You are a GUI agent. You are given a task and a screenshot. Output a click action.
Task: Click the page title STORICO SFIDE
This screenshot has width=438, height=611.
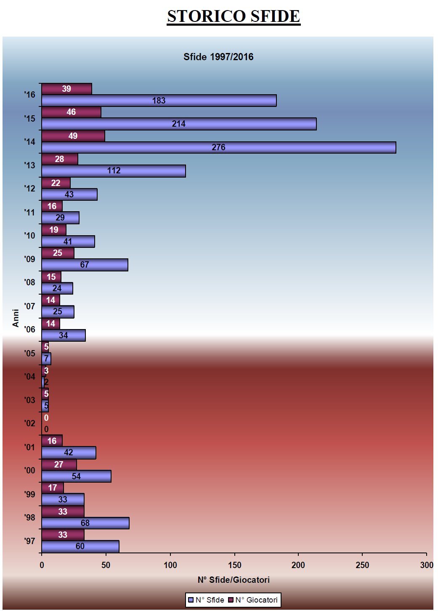pyautogui.click(x=234, y=16)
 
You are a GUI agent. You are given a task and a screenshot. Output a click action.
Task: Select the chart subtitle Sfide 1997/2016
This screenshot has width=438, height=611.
pyautogui.click(x=218, y=57)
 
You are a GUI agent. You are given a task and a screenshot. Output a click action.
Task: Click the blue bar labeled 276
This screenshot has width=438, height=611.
pyautogui.click(x=218, y=147)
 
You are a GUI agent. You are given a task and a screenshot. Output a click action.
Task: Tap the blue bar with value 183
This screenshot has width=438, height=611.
pyautogui.click(x=159, y=101)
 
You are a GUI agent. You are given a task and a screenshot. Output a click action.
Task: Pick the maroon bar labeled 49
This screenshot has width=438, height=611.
pyautogui.click(x=73, y=136)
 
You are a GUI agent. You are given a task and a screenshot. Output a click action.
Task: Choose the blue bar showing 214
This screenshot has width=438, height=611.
pyautogui.click(x=178, y=124)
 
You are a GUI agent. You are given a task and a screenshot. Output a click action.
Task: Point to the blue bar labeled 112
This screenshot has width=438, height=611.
pyautogui.click(x=113, y=171)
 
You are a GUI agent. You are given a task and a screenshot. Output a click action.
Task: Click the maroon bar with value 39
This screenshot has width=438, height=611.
pyautogui.click(x=66, y=89)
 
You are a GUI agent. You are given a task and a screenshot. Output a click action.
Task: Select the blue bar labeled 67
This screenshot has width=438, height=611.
pyautogui.click(x=85, y=265)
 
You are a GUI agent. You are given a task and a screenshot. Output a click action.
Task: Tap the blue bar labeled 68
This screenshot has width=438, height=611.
pyautogui.click(x=85, y=523)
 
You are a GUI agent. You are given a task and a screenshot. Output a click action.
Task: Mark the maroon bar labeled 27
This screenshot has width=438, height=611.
pyautogui.click(x=59, y=465)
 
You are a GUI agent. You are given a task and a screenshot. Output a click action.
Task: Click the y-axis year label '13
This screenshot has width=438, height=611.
pyautogui.click(x=29, y=165)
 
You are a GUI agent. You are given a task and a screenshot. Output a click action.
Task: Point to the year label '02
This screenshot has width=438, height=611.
pyautogui.click(x=29, y=423)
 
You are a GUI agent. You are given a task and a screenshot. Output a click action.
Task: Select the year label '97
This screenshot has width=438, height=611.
pyautogui.click(x=29, y=541)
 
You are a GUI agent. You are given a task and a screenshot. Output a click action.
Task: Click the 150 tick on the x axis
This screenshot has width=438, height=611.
pyautogui.click(x=234, y=565)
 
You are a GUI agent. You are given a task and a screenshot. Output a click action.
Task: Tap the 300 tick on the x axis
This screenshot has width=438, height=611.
pyautogui.click(x=426, y=565)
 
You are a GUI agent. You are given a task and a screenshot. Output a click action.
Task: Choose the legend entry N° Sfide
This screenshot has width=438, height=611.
pyautogui.click(x=206, y=600)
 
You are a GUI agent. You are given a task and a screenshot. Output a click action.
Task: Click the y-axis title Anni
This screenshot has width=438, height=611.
pyautogui.click(x=16, y=318)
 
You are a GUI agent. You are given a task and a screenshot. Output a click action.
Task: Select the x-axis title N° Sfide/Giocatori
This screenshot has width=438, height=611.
pyautogui.click(x=234, y=580)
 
